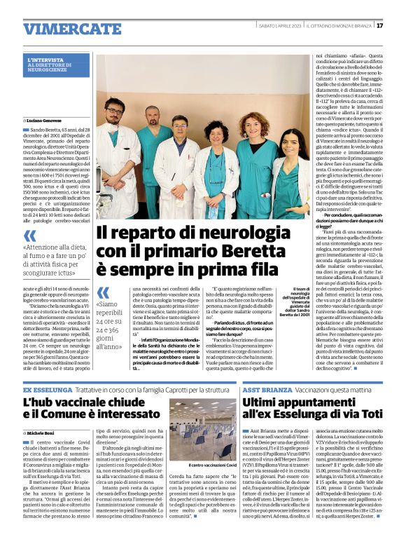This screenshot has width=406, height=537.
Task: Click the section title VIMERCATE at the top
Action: (x=62, y=29)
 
